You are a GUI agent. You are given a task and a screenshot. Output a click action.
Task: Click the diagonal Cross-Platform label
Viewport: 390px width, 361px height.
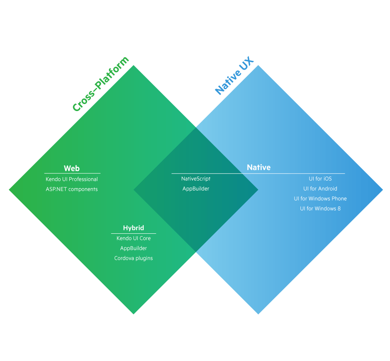click(101, 85)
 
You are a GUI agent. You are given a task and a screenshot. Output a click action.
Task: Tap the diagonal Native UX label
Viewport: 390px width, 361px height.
click(234, 79)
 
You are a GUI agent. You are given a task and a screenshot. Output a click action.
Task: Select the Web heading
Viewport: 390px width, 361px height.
click(72, 168)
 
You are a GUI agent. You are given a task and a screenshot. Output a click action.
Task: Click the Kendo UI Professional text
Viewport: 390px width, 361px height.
click(72, 179)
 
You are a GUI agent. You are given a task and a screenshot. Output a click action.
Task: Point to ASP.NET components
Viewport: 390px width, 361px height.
click(72, 189)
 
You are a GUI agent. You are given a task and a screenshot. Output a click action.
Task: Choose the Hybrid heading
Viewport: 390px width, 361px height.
click(134, 228)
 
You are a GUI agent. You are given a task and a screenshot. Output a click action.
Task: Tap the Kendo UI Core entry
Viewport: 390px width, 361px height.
click(134, 238)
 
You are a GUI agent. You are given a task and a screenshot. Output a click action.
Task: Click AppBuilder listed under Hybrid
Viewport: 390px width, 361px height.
click(134, 248)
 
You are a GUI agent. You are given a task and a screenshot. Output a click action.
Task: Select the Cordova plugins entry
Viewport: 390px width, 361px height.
click(134, 258)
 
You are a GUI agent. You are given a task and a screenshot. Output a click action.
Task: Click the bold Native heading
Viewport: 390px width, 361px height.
click(258, 167)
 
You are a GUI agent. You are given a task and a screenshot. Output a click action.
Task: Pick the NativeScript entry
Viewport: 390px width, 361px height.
click(196, 179)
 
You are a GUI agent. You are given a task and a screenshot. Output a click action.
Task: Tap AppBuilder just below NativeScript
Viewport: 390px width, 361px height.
click(196, 189)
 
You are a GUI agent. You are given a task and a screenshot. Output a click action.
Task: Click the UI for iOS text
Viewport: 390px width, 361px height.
click(320, 179)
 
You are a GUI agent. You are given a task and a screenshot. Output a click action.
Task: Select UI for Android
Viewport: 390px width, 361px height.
click(320, 189)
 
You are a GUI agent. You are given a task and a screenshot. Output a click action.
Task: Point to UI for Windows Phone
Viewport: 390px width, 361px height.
click(320, 199)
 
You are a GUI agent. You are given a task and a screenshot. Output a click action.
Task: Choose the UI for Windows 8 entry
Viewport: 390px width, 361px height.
click(320, 208)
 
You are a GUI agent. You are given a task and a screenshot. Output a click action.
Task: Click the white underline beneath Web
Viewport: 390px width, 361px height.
click(72, 173)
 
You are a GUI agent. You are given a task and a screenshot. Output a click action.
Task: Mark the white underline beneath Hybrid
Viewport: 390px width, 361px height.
click(134, 233)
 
